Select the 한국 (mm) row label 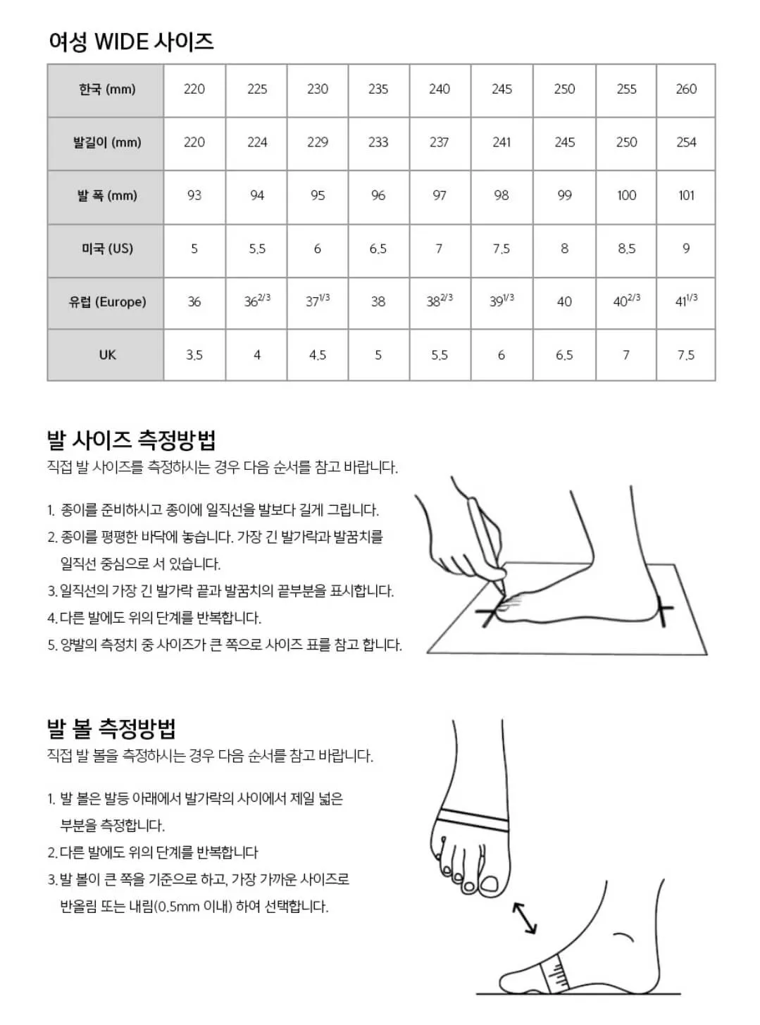106,89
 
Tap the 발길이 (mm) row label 106,142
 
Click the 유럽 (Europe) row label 106,302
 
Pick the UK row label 106,355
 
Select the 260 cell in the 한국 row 686,89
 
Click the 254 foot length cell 686,142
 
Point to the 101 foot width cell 686,195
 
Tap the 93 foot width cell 194,195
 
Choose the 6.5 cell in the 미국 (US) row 378,249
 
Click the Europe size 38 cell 378,302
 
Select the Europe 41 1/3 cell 686,301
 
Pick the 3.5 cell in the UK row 194,355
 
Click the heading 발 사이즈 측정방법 131,440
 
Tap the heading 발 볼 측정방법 111,728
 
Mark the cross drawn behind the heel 662,609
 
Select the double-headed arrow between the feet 524,917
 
